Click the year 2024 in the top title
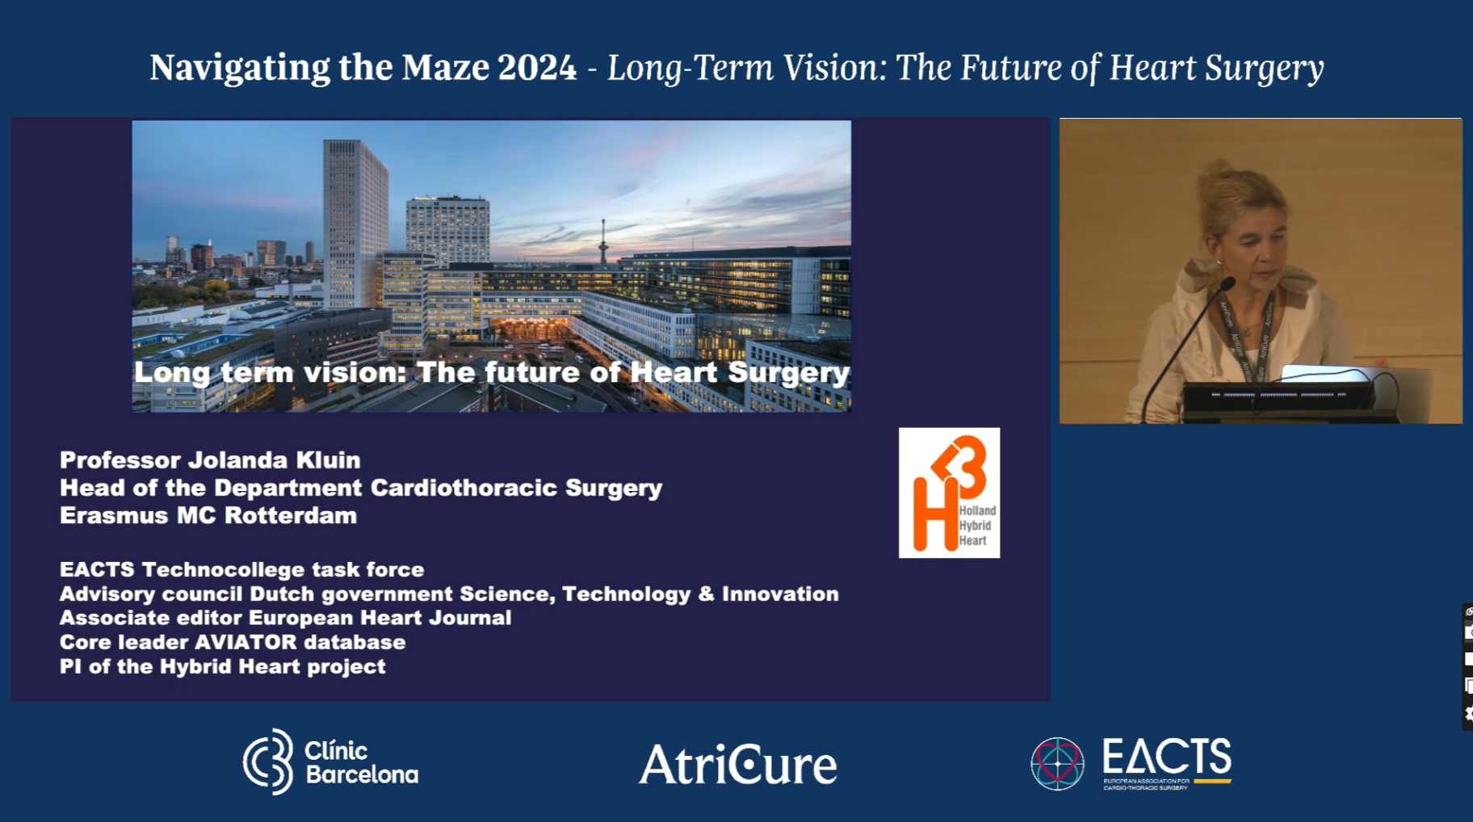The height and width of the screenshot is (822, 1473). click(x=537, y=68)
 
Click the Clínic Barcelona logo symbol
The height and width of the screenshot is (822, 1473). click(x=269, y=761)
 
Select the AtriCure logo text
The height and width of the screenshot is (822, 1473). click(x=738, y=765)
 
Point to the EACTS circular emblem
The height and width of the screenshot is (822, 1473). click(x=1057, y=763)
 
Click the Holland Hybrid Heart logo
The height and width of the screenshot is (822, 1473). click(x=949, y=493)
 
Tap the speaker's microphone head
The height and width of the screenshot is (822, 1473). click(x=1227, y=283)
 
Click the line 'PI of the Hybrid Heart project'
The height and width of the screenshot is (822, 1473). click(x=222, y=666)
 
